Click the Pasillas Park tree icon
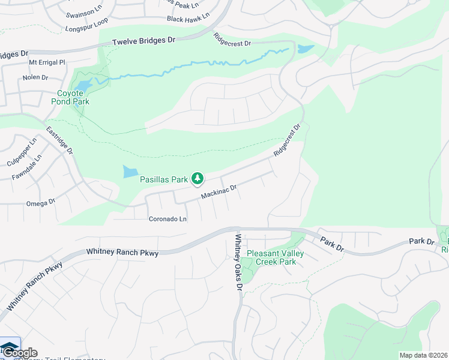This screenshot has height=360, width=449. [x=197, y=178]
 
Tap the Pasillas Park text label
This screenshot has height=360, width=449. [x=164, y=179]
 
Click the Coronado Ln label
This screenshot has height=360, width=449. [x=168, y=219]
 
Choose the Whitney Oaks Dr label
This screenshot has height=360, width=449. [x=238, y=262]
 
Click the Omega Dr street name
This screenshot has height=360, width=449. [x=41, y=202]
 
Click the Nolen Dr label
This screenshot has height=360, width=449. [x=35, y=77]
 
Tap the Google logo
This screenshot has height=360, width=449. [x=20, y=353]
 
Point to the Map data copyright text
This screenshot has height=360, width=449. [x=423, y=355]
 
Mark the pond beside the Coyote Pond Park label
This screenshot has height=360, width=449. [x=85, y=85]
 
